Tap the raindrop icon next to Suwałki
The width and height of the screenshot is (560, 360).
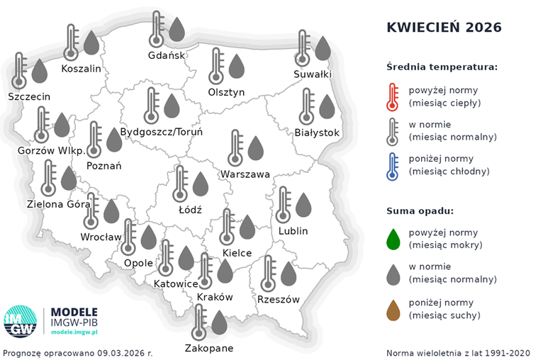pos(323,47)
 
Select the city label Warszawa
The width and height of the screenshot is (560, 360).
pos(245,174)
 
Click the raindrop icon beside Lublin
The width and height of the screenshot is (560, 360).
pos(303,204)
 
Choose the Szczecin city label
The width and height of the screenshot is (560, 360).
pos(30,96)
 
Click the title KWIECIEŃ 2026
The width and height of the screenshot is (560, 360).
pos(444,28)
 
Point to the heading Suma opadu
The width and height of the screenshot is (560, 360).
pos(420,210)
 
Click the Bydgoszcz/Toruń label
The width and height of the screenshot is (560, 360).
pos(162,132)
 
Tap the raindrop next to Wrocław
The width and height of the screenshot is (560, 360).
pos(111,210)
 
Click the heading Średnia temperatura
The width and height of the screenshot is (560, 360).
pos(442,67)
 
